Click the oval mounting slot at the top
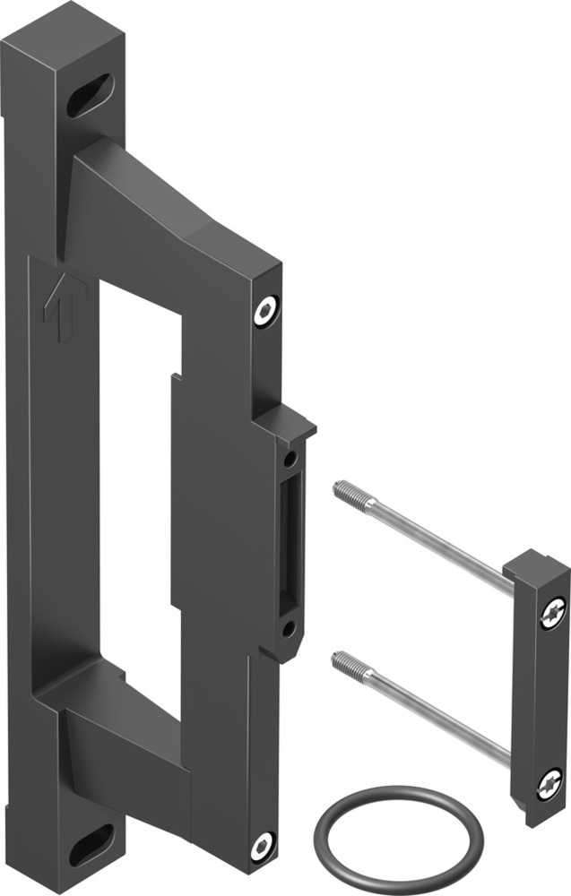point(90,95)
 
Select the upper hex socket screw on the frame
point(264,313)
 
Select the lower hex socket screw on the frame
point(262,845)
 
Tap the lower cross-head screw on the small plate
point(549,786)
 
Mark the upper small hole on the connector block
point(290,459)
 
